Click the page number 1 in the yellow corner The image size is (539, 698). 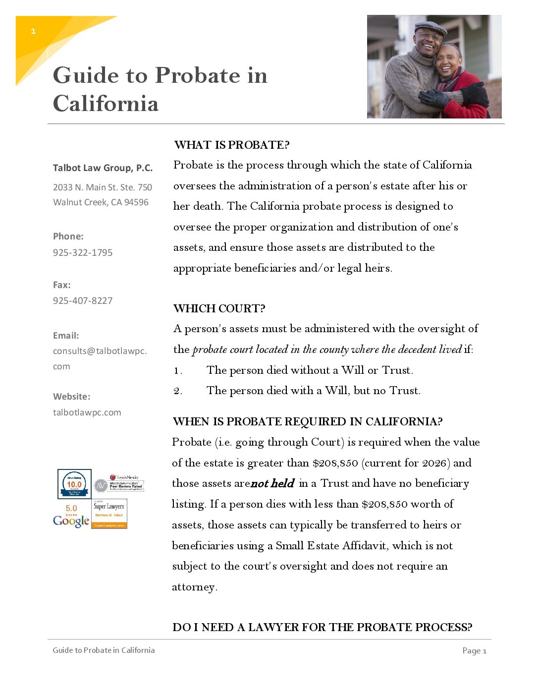pyautogui.click(x=33, y=31)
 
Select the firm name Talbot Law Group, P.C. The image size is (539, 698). pyautogui.click(x=103, y=168)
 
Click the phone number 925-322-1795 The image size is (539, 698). pyautogui.click(x=83, y=252)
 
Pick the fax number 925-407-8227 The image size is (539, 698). pyautogui.click(x=83, y=300)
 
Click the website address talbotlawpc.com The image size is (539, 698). pyautogui.click(x=87, y=412)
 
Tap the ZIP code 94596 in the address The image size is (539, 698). pyautogui.click(x=136, y=202)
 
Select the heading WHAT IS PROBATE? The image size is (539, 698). pyautogui.click(x=232, y=145)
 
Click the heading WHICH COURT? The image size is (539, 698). pyautogui.click(x=219, y=308)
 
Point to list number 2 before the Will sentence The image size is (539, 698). pyautogui.click(x=178, y=391)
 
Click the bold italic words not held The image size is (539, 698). pyautogui.click(x=272, y=483)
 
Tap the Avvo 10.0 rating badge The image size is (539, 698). pyautogui.click(x=74, y=484)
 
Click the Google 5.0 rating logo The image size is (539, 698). pyautogui.click(x=71, y=517)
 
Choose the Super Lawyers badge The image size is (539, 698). pyautogui.click(x=109, y=514)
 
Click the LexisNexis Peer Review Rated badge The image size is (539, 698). pyautogui.click(x=120, y=483)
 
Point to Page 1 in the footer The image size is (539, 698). pyautogui.click(x=474, y=650)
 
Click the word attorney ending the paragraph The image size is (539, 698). pyautogui.click(x=193, y=587)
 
